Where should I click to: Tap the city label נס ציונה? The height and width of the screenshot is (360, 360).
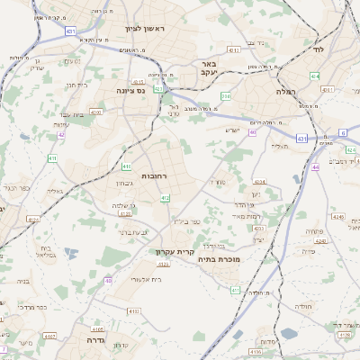pos(132,90)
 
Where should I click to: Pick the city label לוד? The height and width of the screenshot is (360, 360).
pos(317,49)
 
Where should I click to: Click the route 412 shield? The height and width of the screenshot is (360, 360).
pos(164,197)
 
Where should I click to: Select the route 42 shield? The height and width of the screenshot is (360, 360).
pos(61,135)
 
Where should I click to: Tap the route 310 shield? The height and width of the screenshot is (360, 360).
pos(226,94)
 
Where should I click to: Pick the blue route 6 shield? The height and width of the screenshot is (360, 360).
pos(343,132)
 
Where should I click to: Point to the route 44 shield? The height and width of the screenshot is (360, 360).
pos(316,166)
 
